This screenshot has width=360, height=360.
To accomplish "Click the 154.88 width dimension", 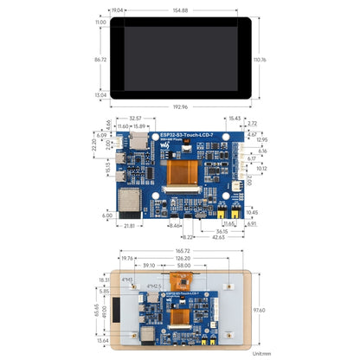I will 180,10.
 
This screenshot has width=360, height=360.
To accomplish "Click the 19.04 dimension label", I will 117,10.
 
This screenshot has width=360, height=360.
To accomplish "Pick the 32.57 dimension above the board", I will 135,118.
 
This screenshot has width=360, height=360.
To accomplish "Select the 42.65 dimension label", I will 216,237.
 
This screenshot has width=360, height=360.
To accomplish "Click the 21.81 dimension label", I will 129,227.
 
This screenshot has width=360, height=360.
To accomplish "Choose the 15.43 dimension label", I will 235,118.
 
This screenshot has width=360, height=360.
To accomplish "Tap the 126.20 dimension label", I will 180,258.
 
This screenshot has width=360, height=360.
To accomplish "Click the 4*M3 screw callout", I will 128,279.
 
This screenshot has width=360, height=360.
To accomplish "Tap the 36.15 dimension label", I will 222,231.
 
